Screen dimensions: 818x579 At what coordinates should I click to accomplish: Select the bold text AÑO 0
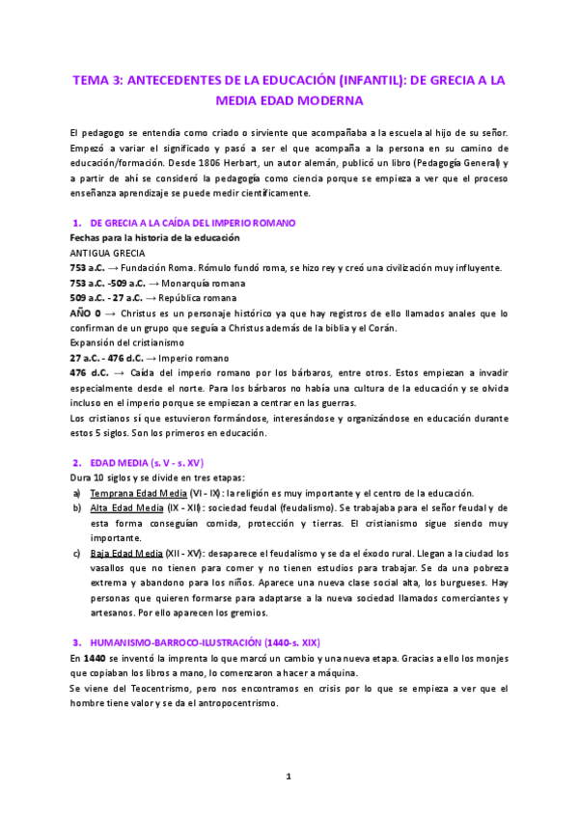tap(92, 314)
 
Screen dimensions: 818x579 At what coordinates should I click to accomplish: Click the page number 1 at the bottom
tap(288, 777)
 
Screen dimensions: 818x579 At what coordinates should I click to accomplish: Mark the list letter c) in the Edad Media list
tap(76, 553)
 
